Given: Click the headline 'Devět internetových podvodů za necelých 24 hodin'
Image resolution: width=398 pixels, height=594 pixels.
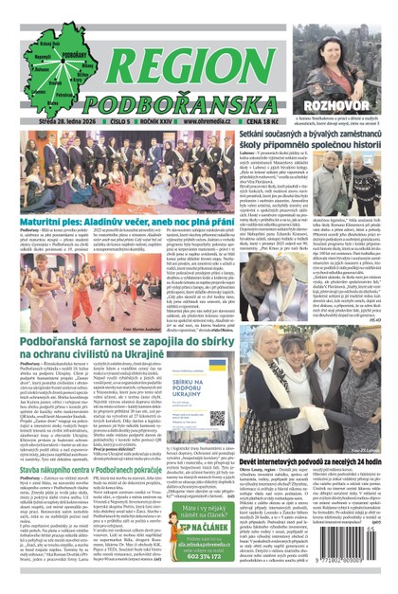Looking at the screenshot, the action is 321,459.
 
